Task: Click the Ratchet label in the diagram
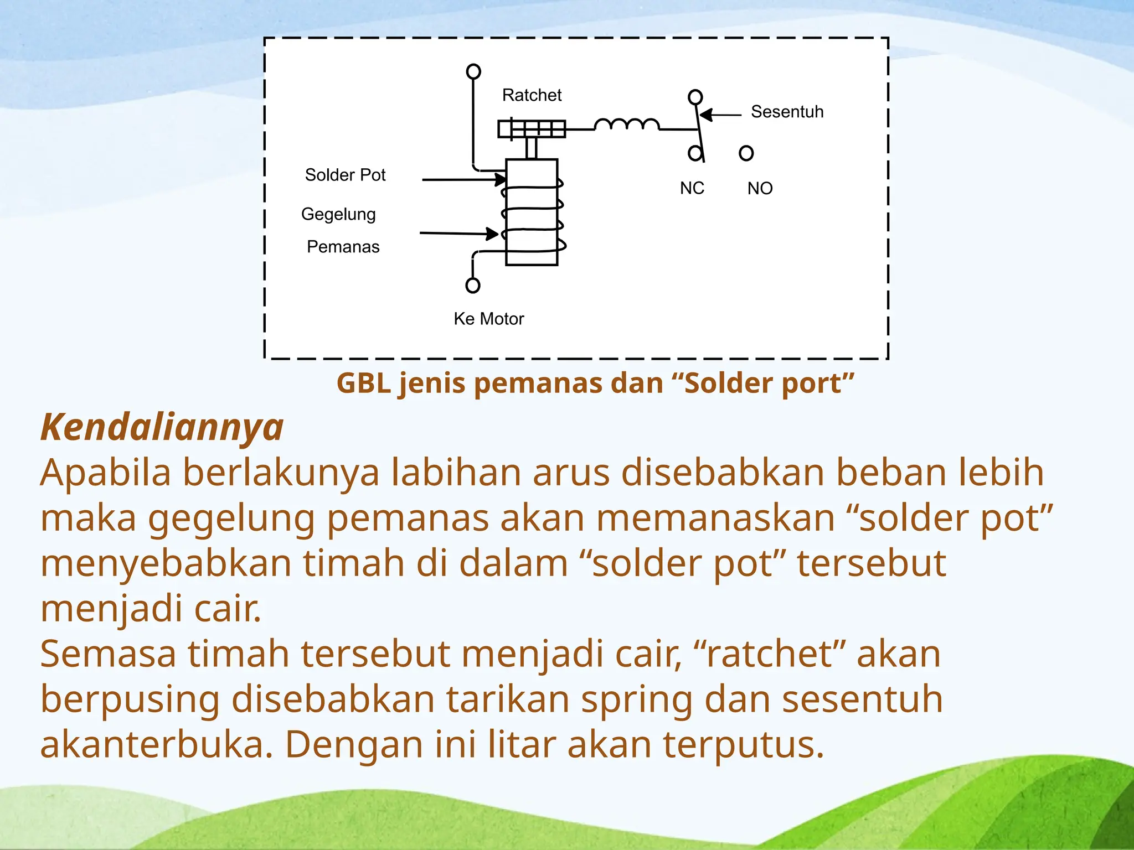tap(532, 95)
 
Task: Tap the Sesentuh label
tap(787, 112)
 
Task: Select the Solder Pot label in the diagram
tap(345, 175)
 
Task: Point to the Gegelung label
tap(338, 214)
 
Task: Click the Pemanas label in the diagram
tap(343, 247)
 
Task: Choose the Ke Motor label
tap(488, 319)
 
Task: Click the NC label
tap(692, 188)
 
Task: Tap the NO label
tap(760, 189)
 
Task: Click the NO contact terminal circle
tap(746, 153)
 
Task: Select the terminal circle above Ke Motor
tap(473, 286)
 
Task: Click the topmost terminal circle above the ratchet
tap(473, 71)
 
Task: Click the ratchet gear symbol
tap(532, 128)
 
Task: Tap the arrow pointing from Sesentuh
tap(720, 115)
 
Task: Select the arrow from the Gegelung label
tap(459, 234)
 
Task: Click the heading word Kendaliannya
tap(162, 427)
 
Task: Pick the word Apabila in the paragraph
tap(105, 473)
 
